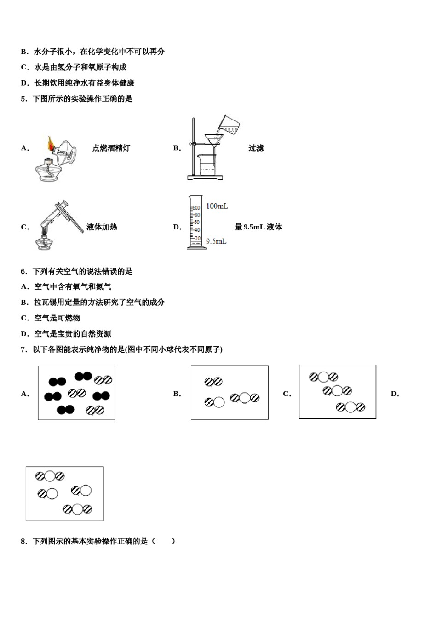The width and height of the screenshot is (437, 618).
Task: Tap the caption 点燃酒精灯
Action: click(x=111, y=148)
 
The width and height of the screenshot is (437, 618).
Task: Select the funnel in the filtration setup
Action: click(x=213, y=139)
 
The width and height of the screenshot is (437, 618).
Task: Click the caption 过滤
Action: click(x=256, y=148)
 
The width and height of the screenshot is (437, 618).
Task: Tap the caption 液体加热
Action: click(x=102, y=227)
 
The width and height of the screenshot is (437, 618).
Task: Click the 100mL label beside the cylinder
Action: click(x=217, y=206)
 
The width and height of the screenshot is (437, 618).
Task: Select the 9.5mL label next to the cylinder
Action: click(x=216, y=241)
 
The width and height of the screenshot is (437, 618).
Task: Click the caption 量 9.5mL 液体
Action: click(x=258, y=227)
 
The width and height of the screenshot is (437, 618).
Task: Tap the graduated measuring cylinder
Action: click(x=195, y=223)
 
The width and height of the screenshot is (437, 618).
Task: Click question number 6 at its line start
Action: click(x=24, y=271)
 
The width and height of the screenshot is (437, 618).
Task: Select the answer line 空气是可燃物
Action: click(x=57, y=318)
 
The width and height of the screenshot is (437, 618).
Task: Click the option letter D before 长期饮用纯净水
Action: click(x=25, y=83)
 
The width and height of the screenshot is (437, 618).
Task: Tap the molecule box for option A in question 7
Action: click(x=76, y=393)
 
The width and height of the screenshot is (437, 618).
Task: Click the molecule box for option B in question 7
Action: click(x=230, y=392)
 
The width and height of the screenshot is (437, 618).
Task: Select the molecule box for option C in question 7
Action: click(x=337, y=392)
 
